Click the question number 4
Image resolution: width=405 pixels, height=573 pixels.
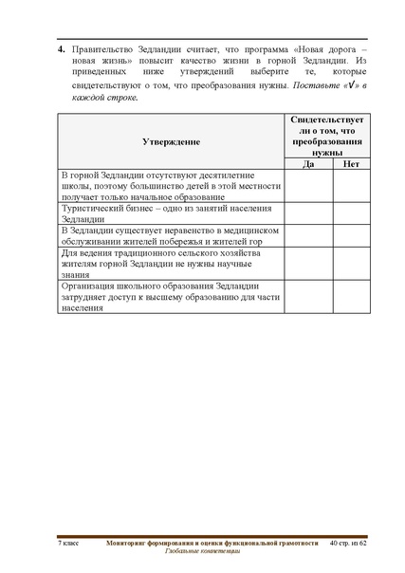pyautogui.click(x=61, y=46)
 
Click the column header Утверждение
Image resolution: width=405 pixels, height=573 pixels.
pyautogui.click(x=170, y=140)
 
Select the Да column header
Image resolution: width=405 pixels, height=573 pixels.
pyautogui.click(x=308, y=163)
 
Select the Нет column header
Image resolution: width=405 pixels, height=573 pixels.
pyautogui.click(x=351, y=163)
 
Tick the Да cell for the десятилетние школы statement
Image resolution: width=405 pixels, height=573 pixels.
pyautogui.click(x=308, y=185)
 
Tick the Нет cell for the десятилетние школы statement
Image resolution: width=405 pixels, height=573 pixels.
pyautogui.click(x=351, y=185)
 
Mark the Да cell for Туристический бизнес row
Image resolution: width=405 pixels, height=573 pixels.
pyautogui.click(x=308, y=213)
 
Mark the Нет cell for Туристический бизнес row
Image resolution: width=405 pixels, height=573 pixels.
pyautogui.click(x=351, y=213)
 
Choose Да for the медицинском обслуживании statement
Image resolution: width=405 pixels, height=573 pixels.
pyautogui.click(x=308, y=235)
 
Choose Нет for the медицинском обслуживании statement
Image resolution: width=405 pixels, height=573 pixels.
pyautogui.click(x=351, y=235)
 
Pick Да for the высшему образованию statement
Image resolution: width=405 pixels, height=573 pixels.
pyautogui.click(x=308, y=296)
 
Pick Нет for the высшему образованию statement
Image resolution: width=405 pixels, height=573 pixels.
pyautogui.click(x=351, y=296)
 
